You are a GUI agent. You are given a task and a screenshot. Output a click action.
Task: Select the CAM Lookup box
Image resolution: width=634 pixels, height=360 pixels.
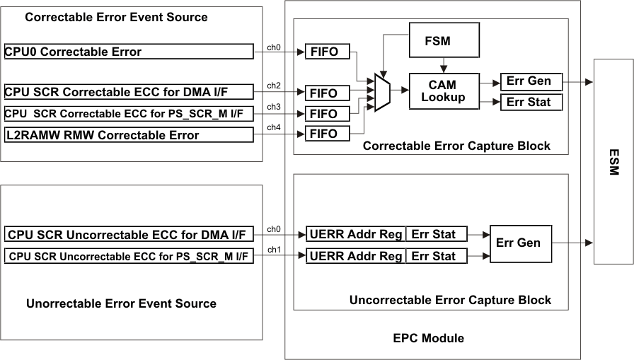443,91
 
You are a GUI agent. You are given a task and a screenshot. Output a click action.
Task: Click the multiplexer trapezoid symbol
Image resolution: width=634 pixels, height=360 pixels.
381,91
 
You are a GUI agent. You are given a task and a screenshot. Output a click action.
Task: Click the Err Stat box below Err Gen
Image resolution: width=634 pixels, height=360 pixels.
524,103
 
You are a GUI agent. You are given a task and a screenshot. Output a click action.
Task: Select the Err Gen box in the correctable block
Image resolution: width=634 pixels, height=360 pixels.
524,81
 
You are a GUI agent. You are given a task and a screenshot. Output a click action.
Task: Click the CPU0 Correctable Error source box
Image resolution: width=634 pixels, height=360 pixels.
128,52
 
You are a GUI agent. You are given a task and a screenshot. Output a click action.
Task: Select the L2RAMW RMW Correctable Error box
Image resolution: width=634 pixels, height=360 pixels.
128,134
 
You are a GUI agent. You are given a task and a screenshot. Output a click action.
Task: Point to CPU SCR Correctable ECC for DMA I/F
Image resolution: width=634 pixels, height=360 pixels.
128,92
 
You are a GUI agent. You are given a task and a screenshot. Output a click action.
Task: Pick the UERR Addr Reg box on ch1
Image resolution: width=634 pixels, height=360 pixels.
355,256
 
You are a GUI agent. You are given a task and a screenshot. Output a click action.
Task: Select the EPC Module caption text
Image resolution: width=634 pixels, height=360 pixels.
428,338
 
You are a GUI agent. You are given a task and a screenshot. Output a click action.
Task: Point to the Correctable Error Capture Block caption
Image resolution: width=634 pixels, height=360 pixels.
456,146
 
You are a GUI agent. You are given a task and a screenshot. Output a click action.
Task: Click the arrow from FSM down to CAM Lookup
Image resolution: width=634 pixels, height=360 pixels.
443,66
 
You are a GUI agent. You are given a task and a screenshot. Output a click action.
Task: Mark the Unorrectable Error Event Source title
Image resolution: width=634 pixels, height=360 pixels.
121,303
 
